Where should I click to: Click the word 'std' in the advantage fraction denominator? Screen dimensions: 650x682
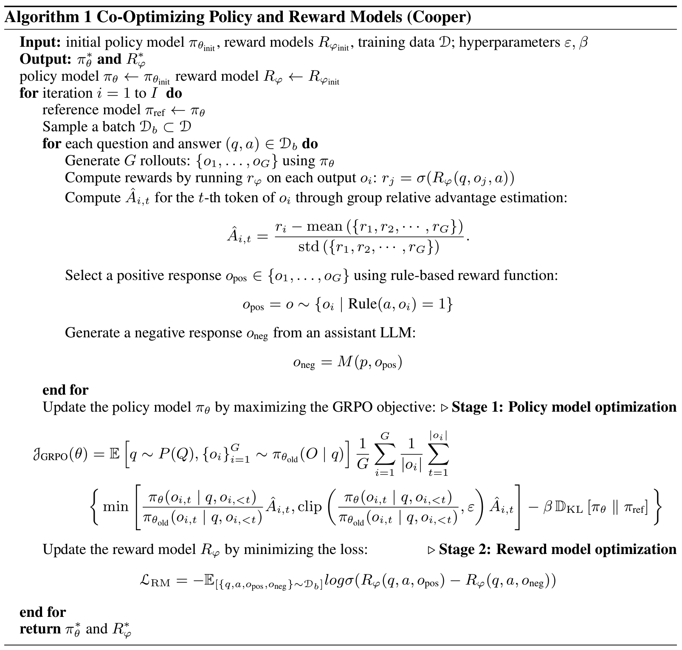pos(308,246)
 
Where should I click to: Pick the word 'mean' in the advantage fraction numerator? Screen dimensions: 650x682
pos(324,226)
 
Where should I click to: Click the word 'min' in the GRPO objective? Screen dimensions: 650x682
pos(116,506)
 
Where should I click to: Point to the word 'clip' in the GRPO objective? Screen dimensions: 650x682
pos(310,506)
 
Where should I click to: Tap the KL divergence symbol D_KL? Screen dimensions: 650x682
pos(569,508)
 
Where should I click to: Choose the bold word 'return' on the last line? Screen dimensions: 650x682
pos(40,629)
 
